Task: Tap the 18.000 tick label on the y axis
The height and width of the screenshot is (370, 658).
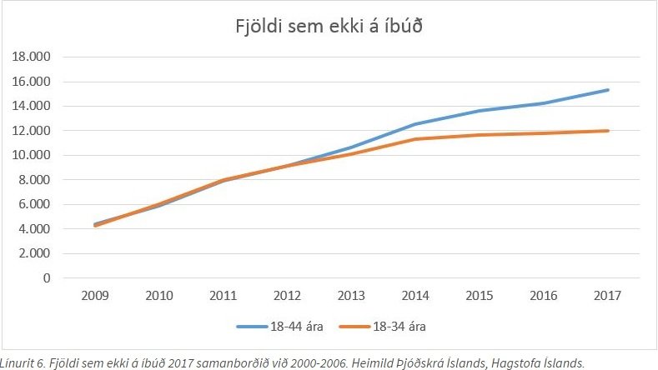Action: click(30, 57)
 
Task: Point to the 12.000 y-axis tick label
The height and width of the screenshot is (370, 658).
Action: click(30, 131)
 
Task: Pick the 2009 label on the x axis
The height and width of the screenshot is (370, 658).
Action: click(93, 297)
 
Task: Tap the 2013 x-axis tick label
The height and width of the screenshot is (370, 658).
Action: click(351, 297)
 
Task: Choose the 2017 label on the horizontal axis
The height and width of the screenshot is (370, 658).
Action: click(608, 297)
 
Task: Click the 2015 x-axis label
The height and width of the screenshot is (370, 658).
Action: click(480, 297)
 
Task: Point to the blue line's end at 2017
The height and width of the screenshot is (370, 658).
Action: click(608, 90)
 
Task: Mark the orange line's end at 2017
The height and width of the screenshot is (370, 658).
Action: click(608, 131)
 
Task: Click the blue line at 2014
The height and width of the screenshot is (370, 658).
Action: click(415, 124)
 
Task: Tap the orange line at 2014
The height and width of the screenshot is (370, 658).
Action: click(415, 139)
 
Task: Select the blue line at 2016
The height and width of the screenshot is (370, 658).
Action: click(544, 103)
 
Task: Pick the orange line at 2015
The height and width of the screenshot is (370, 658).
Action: click(480, 135)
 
